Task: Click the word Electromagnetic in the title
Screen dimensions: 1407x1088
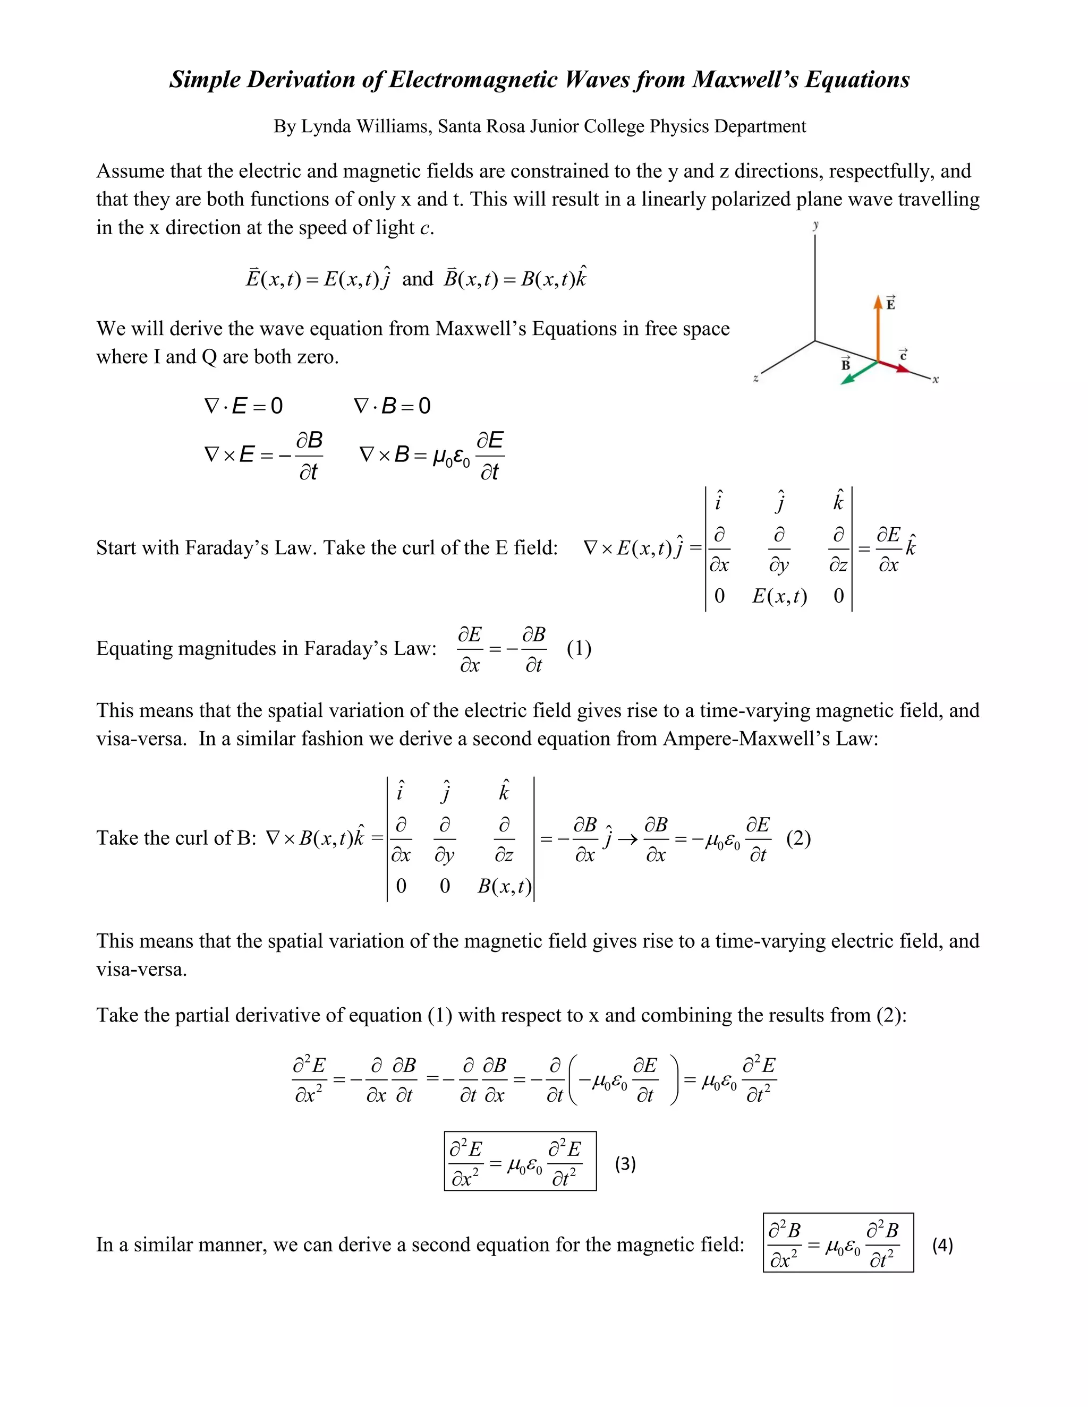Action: coord(474,79)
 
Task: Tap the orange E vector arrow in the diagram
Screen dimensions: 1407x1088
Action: coord(877,329)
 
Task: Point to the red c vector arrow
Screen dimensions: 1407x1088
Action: coord(894,366)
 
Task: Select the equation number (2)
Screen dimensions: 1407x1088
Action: coord(798,838)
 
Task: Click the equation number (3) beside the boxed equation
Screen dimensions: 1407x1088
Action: coord(625,1163)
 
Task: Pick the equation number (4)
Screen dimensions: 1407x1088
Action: coord(942,1245)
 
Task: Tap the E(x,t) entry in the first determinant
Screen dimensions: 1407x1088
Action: coord(779,596)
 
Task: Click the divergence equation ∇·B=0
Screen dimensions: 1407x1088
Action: coord(392,406)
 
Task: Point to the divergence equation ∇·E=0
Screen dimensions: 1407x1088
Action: coord(243,406)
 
